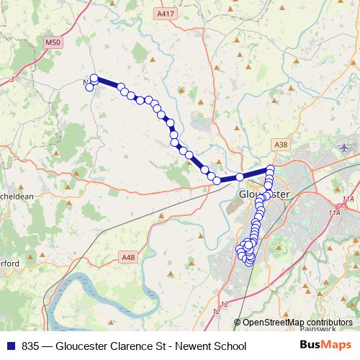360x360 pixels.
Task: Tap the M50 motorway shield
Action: [x=53, y=43]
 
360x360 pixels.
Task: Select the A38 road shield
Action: [x=282, y=145]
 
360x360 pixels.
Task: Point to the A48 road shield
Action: [x=129, y=257]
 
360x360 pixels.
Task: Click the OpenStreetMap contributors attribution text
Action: [x=297, y=322]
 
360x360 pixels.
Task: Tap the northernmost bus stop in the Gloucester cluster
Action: [x=271, y=169]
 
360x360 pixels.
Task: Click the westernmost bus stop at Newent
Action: [x=89, y=88]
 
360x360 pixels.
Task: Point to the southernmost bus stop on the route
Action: [x=249, y=261]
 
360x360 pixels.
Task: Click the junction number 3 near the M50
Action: [x=12, y=80]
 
